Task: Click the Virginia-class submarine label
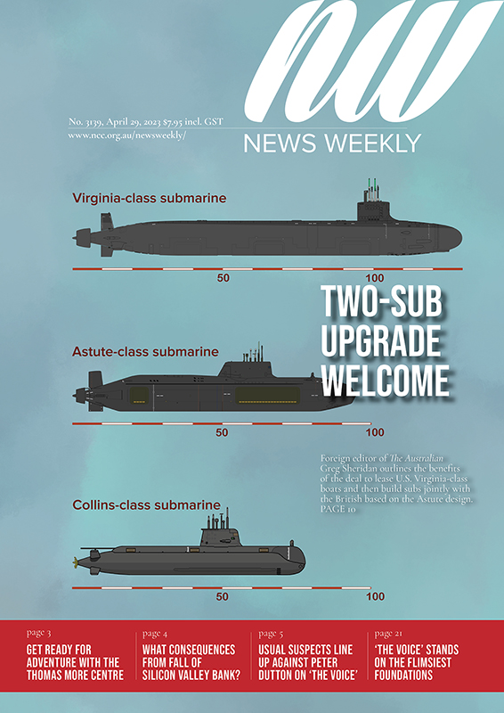click(x=149, y=199)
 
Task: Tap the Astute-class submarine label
click(x=145, y=352)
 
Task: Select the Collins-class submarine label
click(x=146, y=504)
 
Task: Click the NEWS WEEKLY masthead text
click(x=332, y=143)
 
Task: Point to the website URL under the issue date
click(x=127, y=135)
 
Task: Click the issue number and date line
click(x=146, y=122)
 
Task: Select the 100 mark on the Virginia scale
click(x=375, y=278)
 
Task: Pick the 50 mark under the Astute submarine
click(x=222, y=433)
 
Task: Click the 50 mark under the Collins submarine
click(x=223, y=596)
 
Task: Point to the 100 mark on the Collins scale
click(x=376, y=596)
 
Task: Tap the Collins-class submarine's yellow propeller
click(x=76, y=563)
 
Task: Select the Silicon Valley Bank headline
click(x=189, y=662)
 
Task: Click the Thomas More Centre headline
click(x=75, y=662)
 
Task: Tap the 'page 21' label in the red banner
click(x=386, y=634)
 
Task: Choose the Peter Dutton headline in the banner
click(x=308, y=662)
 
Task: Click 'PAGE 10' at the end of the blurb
click(x=337, y=509)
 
